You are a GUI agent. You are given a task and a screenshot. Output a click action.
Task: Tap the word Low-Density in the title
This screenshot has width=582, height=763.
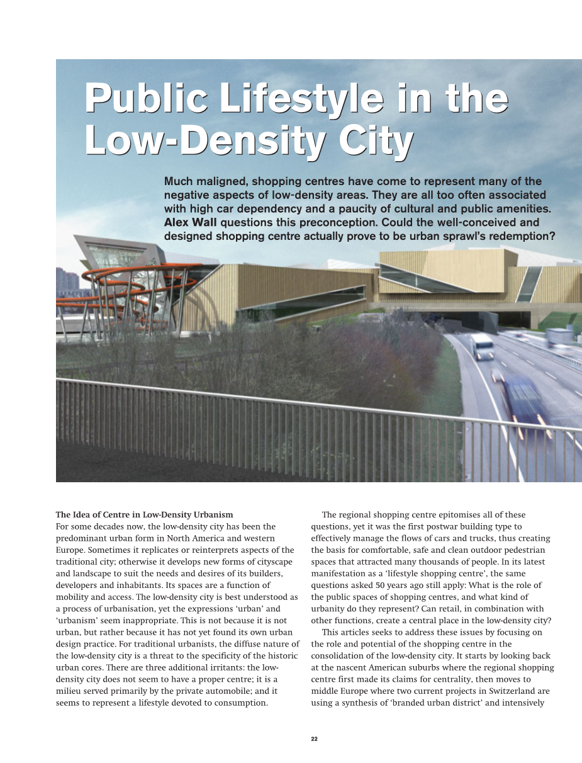[x=207, y=140]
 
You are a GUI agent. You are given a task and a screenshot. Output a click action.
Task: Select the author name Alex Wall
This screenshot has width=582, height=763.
[x=191, y=222]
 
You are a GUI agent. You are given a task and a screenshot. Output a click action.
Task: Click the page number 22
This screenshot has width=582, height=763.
[x=314, y=738]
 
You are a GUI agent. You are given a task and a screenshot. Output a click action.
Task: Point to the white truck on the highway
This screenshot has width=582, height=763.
[x=482, y=346]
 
